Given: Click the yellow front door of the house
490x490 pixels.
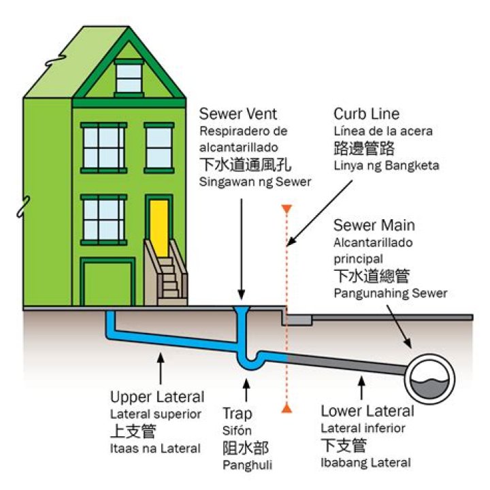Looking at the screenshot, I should (159, 227).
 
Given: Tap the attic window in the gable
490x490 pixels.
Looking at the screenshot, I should (127, 76).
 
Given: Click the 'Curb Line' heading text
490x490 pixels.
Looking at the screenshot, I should (366, 113).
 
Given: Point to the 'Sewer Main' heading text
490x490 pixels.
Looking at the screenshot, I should (374, 225).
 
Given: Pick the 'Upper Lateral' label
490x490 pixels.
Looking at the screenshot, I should (157, 397).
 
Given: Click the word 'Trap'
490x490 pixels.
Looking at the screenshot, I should (237, 413).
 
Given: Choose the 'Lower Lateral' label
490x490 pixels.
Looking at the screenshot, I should (367, 411).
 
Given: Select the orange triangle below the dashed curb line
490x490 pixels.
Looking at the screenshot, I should (287, 408).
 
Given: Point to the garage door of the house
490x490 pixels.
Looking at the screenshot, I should (106, 282).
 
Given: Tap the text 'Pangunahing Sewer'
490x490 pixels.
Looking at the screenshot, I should (391, 293).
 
